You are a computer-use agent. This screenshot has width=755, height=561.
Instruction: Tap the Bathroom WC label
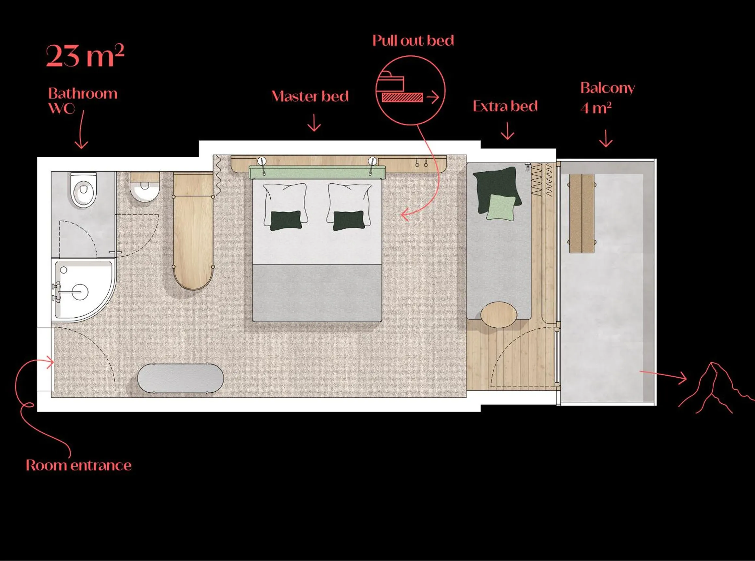pyautogui.click(x=83, y=101)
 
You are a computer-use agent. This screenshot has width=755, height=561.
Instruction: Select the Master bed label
pyautogui.click(x=310, y=97)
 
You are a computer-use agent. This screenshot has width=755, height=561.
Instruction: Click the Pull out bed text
pyautogui.click(x=413, y=41)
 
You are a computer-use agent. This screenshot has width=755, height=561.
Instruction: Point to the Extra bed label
pyautogui.click(x=505, y=106)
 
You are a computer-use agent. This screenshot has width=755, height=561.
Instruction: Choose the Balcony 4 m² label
pyautogui.click(x=607, y=98)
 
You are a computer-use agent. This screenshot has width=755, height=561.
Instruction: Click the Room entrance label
pyautogui.click(x=78, y=466)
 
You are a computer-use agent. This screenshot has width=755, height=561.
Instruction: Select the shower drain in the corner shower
pyautogui.click(x=64, y=270)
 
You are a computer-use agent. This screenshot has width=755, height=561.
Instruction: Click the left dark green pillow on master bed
pyautogui.click(x=286, y=220)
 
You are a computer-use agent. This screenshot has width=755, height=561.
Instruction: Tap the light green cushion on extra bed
pyautogui.click(x=501, y=208)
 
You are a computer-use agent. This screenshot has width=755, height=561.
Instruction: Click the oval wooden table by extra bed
pyautogui.click(x=498, y=315)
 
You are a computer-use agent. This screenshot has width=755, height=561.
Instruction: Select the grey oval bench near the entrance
pyautogui.click(x=181, y=379)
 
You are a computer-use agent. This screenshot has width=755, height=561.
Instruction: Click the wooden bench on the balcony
pyautogui.click(x=581, y=213)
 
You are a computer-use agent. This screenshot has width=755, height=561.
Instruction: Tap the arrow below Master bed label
pyautogui.click(x=314, y=123)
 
